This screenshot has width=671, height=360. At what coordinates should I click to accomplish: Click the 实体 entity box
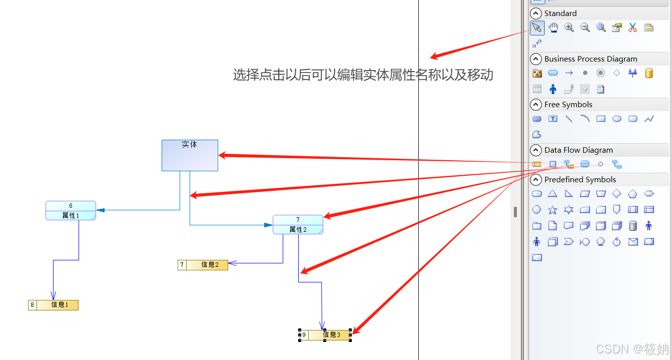click(190, 155)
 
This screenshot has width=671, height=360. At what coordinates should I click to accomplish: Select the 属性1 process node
click(71, 211)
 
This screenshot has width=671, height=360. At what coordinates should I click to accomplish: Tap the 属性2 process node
click(298, 225)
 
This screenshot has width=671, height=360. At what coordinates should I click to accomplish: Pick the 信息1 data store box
click(54, 305)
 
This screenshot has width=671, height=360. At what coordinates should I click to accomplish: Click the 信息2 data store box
click(203, 265)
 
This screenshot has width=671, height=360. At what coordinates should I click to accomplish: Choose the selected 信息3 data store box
click(325, 335)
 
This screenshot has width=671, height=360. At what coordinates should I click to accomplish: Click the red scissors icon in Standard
click(632, 28)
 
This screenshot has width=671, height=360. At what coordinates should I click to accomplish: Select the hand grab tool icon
click(553, 28)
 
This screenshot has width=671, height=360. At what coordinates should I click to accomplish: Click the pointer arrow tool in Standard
click(537, 28)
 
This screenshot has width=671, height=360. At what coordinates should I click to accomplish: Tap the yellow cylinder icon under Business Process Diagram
click(649, 73)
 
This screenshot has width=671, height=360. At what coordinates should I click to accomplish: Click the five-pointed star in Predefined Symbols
click(552, 210)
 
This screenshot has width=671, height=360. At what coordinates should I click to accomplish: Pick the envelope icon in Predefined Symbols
click(633, 242)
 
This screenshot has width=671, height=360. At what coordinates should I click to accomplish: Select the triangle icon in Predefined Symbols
click(552, 194)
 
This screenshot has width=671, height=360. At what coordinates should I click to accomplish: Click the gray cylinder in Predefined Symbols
click(633, 226)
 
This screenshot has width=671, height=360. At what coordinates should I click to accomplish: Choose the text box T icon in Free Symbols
click(552, 119)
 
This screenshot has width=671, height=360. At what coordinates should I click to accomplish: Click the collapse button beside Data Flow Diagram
click(536, 150)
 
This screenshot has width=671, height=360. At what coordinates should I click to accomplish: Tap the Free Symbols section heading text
click(568, 105)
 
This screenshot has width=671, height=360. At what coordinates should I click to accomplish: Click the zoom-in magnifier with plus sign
click(569, 28)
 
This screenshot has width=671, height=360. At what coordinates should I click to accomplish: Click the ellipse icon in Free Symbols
click(617, 119)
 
